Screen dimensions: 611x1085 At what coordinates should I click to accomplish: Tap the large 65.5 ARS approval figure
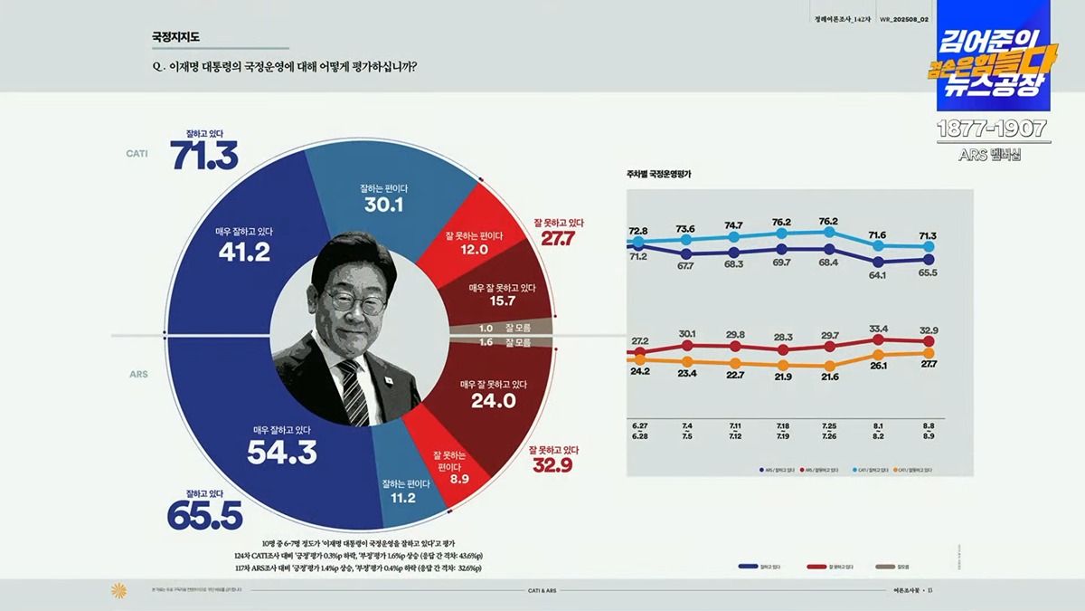(x=204, y=514)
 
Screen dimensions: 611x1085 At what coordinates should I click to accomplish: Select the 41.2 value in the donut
(x=244, y=252)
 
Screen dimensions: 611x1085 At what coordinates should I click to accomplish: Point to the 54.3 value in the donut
(x=282, y=452)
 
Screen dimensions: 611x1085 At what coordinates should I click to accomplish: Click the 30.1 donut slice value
(x=384, y=205)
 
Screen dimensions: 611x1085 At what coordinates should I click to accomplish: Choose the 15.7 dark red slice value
(x=502, y=301)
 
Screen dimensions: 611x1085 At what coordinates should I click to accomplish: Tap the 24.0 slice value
(x=493, y=400)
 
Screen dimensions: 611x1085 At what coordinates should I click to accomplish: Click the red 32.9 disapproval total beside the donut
(x=552, y=465)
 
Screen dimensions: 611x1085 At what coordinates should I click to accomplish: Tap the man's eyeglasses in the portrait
(x=355, y=300)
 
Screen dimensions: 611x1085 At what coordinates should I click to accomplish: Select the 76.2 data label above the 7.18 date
(x=781, y=223)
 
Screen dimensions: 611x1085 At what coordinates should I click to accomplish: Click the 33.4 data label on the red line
(x=877, y=329)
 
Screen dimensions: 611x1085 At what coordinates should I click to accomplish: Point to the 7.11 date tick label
(x=733, y=425)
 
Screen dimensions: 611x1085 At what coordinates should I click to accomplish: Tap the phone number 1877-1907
(x=991, y=128)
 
